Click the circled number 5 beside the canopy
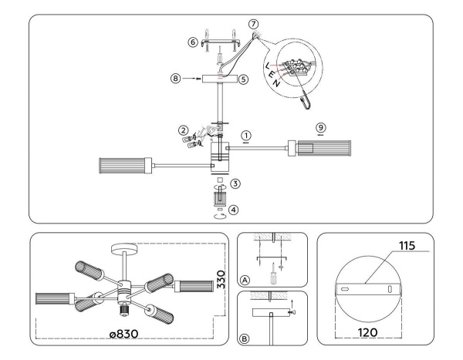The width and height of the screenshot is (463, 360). point(242,79)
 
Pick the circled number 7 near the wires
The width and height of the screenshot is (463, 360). point(254,25)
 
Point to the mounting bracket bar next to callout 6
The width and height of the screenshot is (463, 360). point(217,44)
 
